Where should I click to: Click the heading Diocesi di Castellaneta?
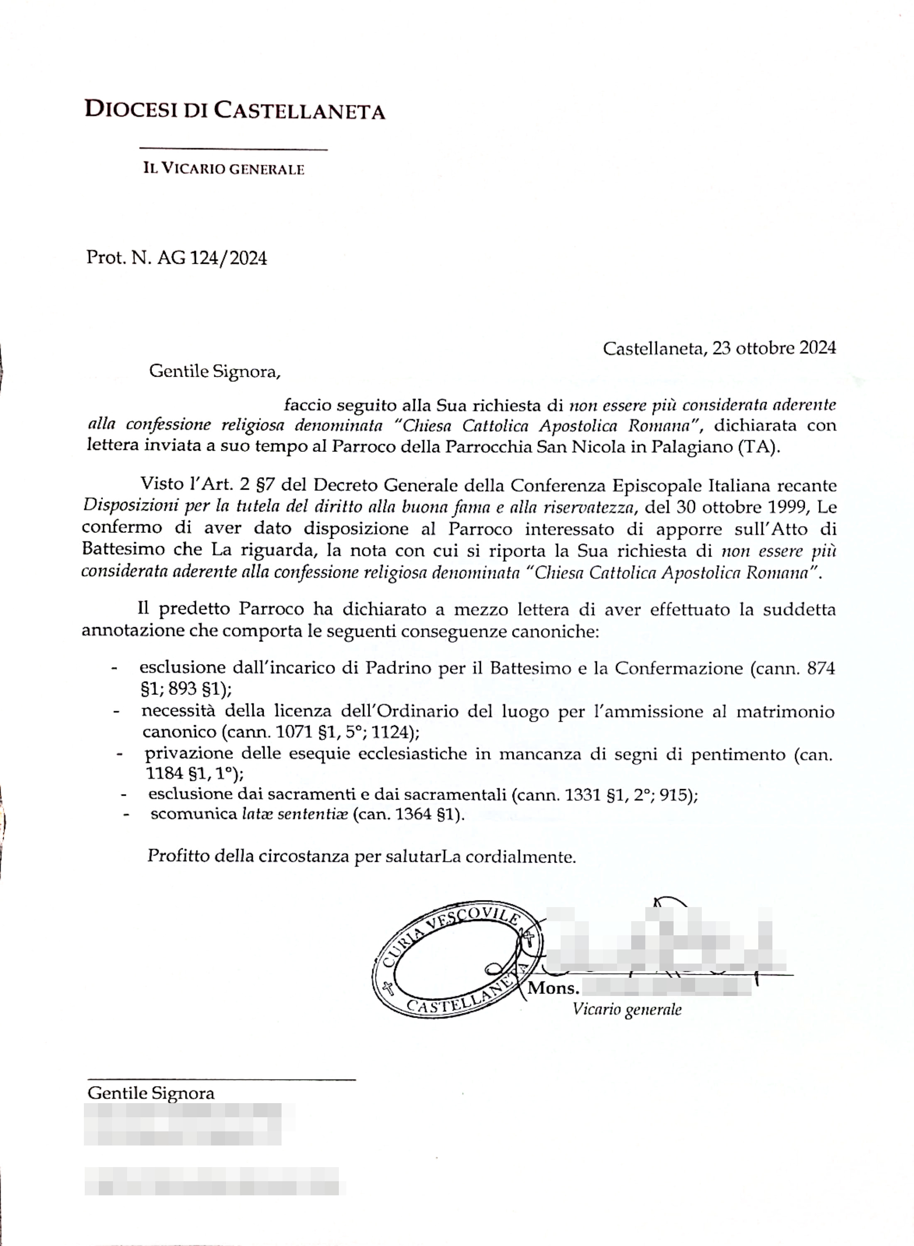(234, 110)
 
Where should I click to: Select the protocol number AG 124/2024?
(212, 258)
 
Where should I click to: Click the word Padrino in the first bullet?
(398, 668)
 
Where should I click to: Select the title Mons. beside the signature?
(553, 988)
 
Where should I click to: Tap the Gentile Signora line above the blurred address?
(150, 1093)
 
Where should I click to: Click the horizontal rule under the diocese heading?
(233, 148)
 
